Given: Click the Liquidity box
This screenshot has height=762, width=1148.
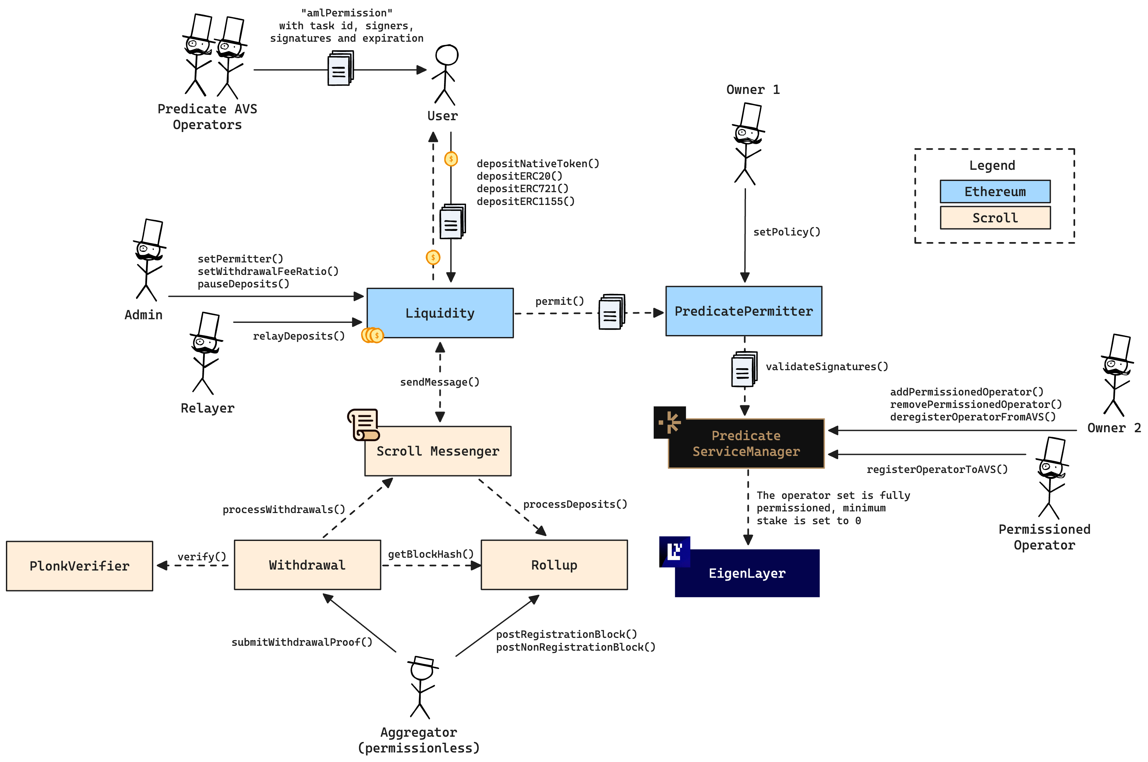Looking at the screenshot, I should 440,313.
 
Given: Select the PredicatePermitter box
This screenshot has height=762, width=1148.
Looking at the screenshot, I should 743,311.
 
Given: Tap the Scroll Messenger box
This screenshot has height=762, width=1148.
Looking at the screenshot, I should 437,451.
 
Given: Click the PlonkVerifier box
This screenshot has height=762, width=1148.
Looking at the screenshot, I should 80,566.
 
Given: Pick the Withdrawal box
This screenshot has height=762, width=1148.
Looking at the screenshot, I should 308,565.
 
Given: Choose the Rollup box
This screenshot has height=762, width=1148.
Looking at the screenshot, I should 554,565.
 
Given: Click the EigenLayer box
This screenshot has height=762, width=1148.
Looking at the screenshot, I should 747,573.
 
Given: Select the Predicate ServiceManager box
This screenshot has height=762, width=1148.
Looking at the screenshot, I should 746,443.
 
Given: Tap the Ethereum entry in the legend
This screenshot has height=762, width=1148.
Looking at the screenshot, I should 995,191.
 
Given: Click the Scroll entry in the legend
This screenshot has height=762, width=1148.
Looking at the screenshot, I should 995,218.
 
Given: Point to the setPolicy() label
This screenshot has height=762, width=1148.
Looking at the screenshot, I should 787,232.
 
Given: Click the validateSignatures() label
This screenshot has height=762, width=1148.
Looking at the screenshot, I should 826,367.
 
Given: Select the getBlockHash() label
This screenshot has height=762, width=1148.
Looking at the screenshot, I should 430,554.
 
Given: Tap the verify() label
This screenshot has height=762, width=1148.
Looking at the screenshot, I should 202,556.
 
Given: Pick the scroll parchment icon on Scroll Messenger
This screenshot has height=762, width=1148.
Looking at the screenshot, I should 364,425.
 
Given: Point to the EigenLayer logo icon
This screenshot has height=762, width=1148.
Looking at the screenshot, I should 674,551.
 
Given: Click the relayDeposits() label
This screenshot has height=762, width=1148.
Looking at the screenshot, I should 299,336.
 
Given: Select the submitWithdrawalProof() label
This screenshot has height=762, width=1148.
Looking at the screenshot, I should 302,642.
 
